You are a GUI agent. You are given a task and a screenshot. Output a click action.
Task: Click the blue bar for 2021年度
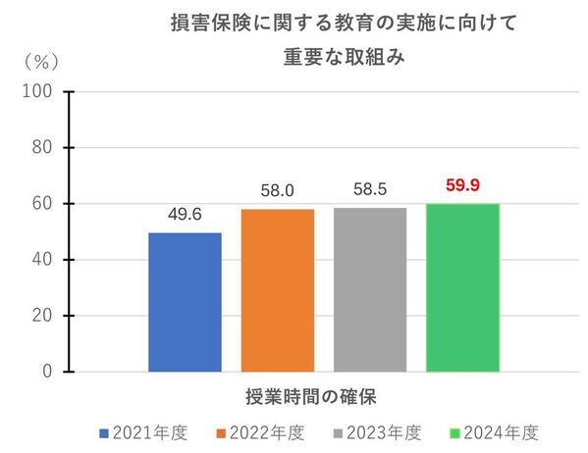pos(185,302)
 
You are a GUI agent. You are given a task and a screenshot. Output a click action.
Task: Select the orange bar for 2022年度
pos(277,290)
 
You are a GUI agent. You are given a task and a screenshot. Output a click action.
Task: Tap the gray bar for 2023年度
pos(369,289)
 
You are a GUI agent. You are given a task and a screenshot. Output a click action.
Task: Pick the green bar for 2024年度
pos(462,287)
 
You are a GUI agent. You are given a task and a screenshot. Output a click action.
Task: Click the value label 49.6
pos(185,215)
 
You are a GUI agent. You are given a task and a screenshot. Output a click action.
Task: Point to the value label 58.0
pos(277,190)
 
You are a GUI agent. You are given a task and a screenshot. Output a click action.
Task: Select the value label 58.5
pos(369,189)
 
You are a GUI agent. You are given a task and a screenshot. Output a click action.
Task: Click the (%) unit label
pos(41,61)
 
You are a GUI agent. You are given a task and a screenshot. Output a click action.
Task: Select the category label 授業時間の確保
pos(311,397)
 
